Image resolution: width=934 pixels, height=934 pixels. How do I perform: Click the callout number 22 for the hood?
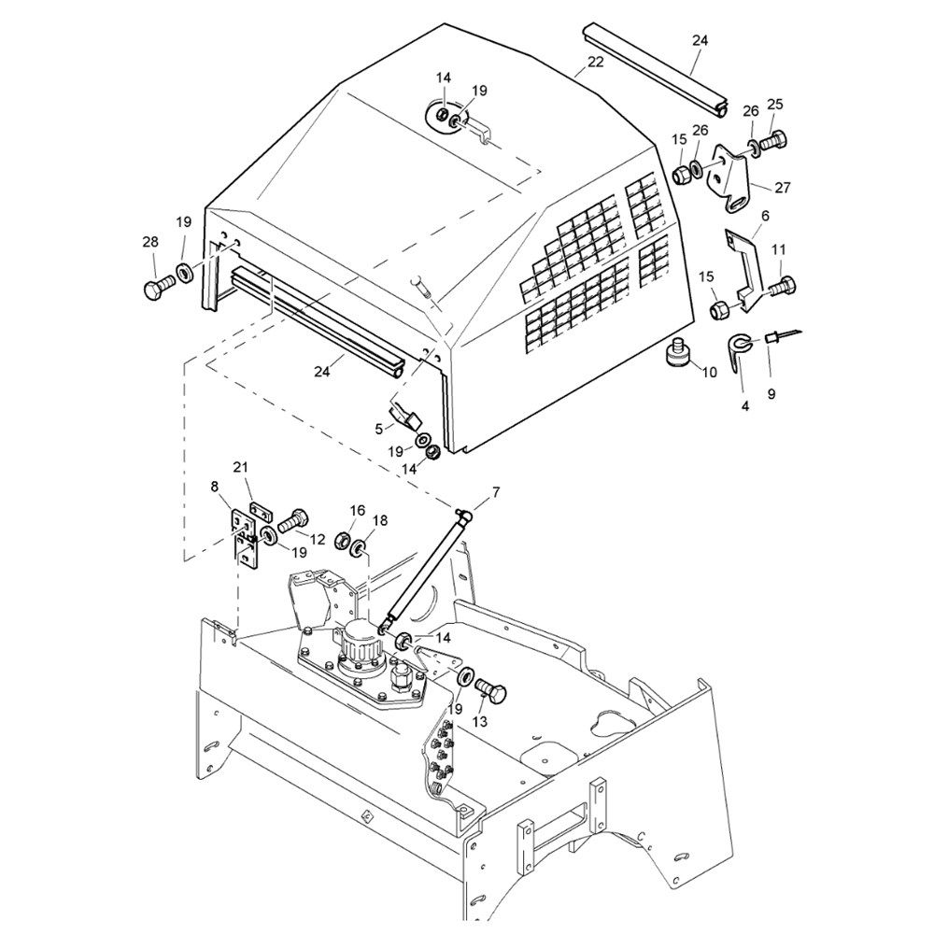[x=595, y=63]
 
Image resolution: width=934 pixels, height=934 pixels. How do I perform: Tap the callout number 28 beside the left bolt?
[x=150, y=243]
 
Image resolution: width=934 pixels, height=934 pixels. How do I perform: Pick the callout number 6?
[x=765, y=216]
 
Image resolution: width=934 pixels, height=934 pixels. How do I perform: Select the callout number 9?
[x=771, y=394]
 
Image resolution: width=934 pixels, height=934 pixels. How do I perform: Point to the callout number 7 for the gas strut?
[x=494, y=490]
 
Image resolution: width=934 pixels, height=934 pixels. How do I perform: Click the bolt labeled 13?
[x=490, y=694]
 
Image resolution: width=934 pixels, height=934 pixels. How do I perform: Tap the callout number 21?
[x=241, y=467]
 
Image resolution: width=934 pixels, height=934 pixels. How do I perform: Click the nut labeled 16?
[x=342, y=541]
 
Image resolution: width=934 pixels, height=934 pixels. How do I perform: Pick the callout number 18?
[x=380, y=519]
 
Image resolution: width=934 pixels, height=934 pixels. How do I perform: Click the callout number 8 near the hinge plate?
[x=215, y=487]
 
